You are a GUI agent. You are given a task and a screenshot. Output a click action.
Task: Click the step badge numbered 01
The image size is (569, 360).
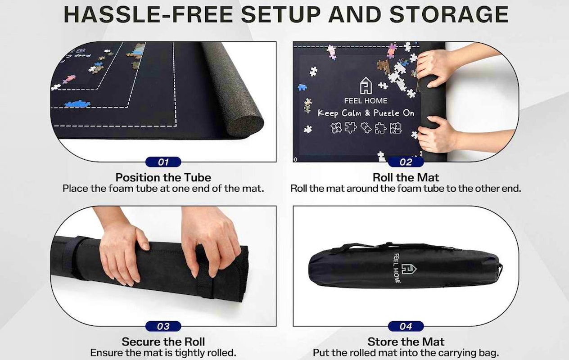[x=163, y=162]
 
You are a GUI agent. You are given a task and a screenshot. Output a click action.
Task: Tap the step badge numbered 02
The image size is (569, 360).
[x=406, y=162]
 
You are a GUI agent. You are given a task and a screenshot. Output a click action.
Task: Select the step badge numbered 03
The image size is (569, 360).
[x=163, y=326]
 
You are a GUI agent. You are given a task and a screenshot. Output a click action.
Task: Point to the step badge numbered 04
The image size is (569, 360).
[x=406, y=326]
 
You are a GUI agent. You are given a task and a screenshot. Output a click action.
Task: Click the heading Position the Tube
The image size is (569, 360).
[x=163, y=177]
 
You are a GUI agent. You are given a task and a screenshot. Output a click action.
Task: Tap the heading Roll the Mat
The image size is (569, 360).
[x=406, y=177]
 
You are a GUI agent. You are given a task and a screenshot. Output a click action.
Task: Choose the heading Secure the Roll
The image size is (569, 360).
[x=163, y=342]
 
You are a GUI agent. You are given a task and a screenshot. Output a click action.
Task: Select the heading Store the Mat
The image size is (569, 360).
[x=406, y=342]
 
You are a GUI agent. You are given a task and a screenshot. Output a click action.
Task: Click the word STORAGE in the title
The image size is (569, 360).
[x=449, y=14]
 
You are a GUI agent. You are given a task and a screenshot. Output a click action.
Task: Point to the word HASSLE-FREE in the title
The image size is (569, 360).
[x=148, y=14]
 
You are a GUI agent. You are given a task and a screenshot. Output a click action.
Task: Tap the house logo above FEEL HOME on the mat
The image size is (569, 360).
[x=366, y=85]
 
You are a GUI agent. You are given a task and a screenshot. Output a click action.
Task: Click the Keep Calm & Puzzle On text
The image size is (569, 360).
[x=366, y=113]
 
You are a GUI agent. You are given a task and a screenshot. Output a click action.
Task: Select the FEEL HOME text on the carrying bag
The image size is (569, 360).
[x=397, y=268]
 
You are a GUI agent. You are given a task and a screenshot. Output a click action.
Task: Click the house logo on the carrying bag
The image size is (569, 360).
[x=409, y=269]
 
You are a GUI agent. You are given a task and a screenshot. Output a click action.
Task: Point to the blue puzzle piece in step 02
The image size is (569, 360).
[x=302, y=87]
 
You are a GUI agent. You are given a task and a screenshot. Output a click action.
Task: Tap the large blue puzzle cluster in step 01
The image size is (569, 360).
[x=77, y=103]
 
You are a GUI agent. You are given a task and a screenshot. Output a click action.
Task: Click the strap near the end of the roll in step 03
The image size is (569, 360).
[x=203, y=273]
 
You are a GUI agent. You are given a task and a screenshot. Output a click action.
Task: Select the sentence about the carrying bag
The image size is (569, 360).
[x=406, y=353]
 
